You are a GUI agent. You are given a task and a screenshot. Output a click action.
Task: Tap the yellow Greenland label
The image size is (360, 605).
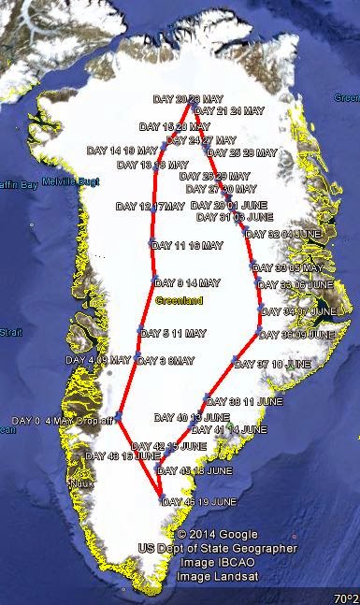176,301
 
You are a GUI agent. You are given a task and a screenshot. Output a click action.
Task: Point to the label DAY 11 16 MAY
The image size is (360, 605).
186,246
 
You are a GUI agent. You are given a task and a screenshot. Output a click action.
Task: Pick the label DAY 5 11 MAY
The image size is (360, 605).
175,333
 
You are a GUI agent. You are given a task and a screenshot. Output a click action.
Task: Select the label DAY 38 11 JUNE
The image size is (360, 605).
242,400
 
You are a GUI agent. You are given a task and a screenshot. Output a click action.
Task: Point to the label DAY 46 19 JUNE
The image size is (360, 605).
198,502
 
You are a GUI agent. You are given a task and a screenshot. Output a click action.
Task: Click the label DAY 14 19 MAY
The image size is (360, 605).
122,150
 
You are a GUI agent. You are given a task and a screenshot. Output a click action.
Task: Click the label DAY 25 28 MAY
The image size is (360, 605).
242,152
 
